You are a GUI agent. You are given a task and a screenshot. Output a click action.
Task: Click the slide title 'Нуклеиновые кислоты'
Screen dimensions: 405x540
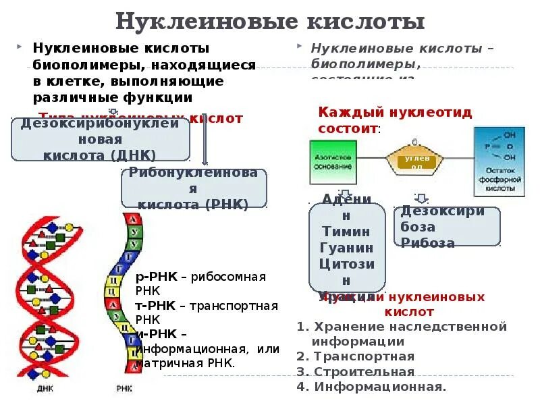(270, 21)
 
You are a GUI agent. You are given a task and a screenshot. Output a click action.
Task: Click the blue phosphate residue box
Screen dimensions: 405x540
(499, 161)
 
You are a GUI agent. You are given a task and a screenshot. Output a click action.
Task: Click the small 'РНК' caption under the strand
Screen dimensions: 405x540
(124, 389)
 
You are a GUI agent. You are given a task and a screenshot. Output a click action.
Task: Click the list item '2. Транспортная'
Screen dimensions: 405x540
(355, 356)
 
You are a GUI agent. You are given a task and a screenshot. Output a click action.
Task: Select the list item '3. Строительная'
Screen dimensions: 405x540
(355, 372)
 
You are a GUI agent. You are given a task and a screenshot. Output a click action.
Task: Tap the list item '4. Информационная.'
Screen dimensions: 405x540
(371, 387)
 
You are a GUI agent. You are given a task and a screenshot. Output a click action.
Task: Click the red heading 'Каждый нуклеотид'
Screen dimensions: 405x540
(395, 112)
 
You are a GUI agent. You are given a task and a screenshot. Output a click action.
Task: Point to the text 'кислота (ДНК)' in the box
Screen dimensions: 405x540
(100, 155)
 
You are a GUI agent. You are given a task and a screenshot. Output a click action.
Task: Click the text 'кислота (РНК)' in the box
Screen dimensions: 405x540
(193, 204)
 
